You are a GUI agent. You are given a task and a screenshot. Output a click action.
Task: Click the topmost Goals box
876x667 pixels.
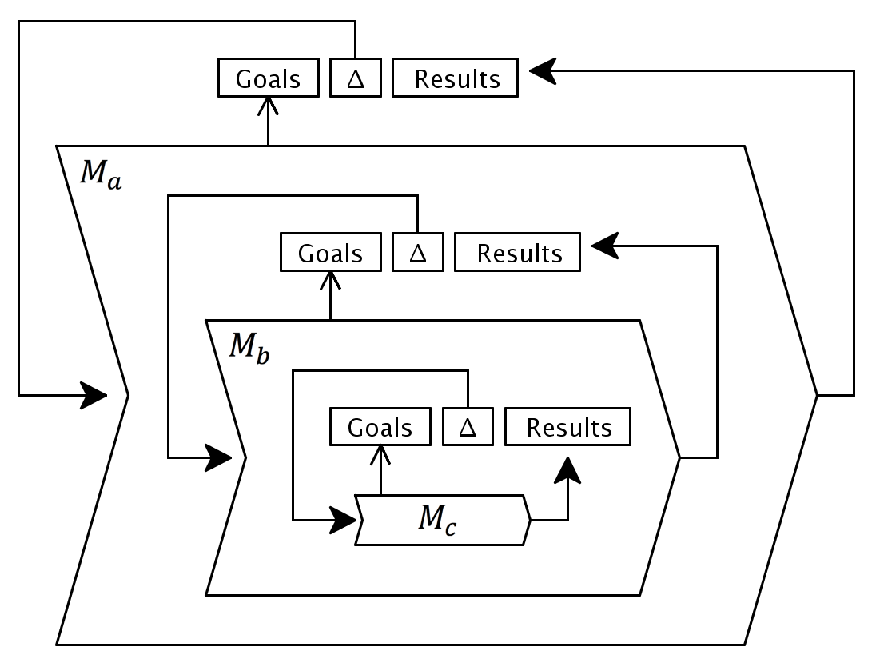(268, 79)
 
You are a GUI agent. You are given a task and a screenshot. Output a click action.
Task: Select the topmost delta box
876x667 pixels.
(356, 79)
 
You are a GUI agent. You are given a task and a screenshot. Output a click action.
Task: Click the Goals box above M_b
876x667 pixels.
(330, 254)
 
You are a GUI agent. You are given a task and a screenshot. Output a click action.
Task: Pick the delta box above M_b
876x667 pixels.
(418, 254)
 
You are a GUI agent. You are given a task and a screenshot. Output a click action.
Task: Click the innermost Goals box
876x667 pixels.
(380, 428)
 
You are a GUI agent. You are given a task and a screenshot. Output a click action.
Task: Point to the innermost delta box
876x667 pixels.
(468, 428)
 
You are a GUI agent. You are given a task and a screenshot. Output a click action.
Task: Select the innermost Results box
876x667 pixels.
(568, 428)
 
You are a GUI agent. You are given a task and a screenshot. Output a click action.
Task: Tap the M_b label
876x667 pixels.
(249, 348)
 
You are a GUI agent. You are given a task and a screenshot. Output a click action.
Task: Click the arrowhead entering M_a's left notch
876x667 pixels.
(95, 395)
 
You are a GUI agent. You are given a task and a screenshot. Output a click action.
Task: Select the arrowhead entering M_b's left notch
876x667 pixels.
(219, 457)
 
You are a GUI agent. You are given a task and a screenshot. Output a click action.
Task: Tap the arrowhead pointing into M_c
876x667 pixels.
(344, 521)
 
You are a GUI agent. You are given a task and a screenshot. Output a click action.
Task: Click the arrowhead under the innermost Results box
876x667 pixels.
(568, 469)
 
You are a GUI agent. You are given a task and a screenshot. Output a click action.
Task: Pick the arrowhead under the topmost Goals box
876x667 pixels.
(268, 106)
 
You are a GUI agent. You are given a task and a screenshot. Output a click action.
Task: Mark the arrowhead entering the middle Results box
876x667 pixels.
(604, 246)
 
